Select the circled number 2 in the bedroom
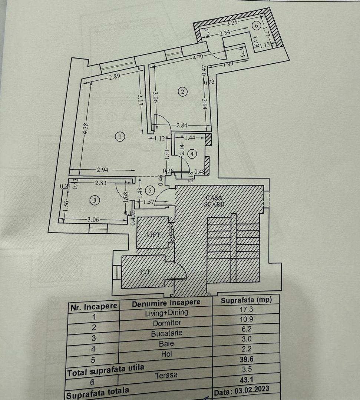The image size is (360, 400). click(x=182, y=91)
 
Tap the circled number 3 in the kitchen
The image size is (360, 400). click(x=95, y=200)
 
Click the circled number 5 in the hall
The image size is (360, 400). click(x=150, y=191)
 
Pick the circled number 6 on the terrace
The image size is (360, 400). click(x=255, y=26)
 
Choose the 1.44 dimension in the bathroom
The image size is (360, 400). click(x=189, y=138)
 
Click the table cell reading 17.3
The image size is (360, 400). click(x=245, y=309)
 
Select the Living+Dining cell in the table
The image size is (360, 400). click(x=166, y=313)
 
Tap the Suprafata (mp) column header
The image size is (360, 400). click(x=245, y=300)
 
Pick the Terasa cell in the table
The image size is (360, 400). click(x=166, y=375)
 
